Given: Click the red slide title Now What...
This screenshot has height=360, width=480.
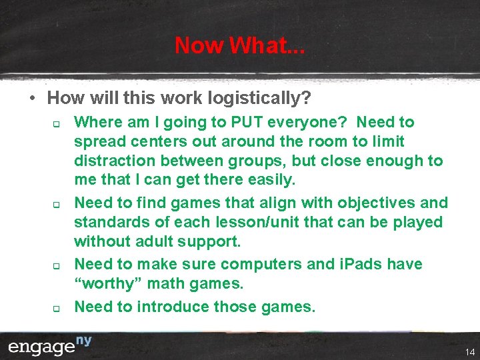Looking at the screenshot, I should [x=239, y=45].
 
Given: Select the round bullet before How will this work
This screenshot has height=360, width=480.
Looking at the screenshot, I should [x=32, y=99].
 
